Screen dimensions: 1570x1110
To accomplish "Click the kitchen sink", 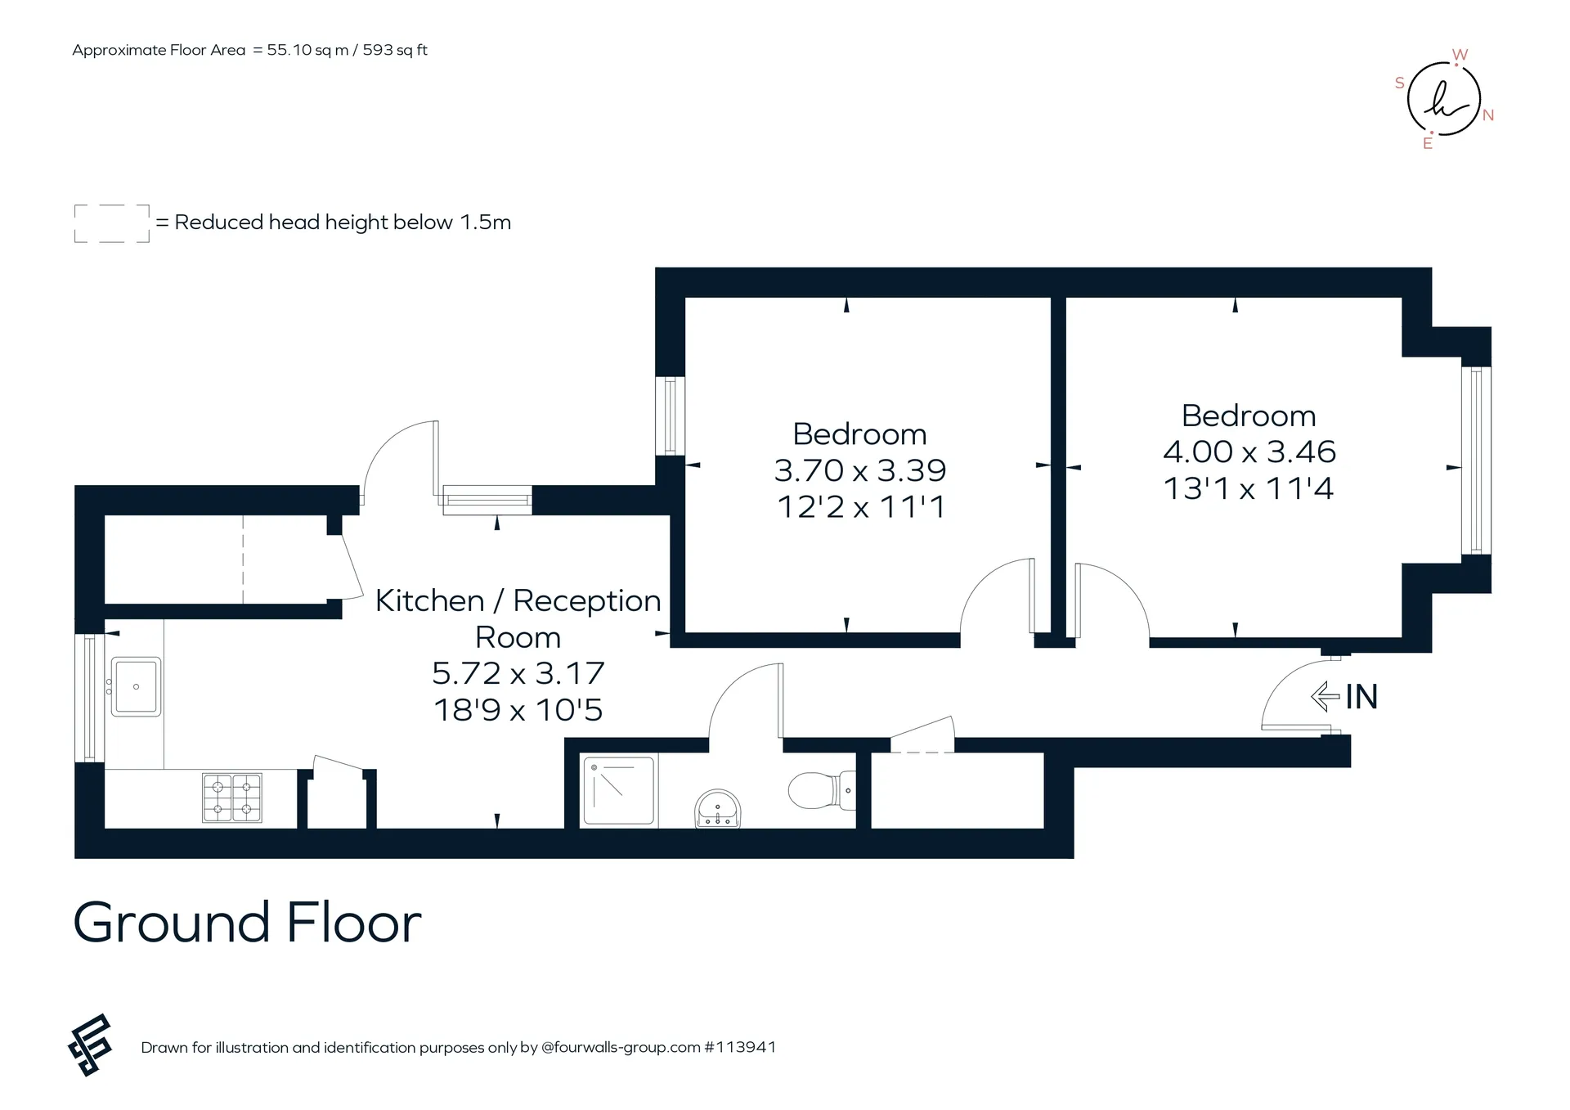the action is pos(136,686).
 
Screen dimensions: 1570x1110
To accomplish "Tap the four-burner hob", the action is pos(232,798).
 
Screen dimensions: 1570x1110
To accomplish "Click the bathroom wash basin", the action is pos(717,809).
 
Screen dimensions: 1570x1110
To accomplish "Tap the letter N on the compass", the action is pos(1488,115).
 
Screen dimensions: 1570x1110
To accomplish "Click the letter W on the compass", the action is pos(1460,55).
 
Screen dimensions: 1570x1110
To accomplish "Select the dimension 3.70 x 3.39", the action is pos(859,470).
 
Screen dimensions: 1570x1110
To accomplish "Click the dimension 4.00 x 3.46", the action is pos(1249,452).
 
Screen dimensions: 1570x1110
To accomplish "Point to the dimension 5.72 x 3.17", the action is pos(518,673).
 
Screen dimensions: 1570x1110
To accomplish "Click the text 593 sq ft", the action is pos(395,50).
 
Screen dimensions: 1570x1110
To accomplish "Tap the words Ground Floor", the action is pos(247,923).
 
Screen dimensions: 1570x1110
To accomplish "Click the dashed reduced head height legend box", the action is pos(112,223).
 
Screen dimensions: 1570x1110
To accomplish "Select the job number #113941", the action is pos(740,1047).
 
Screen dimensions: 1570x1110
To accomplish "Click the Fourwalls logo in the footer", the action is pos(89,1045).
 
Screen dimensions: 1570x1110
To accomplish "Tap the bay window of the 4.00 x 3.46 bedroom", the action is pos(1476,461).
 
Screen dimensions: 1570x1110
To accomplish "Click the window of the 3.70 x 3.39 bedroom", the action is pos(670,416).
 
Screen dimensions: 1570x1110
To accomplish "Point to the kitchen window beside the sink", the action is pos(89,699).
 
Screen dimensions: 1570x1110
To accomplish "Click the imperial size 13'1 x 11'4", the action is pos(1249,488).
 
